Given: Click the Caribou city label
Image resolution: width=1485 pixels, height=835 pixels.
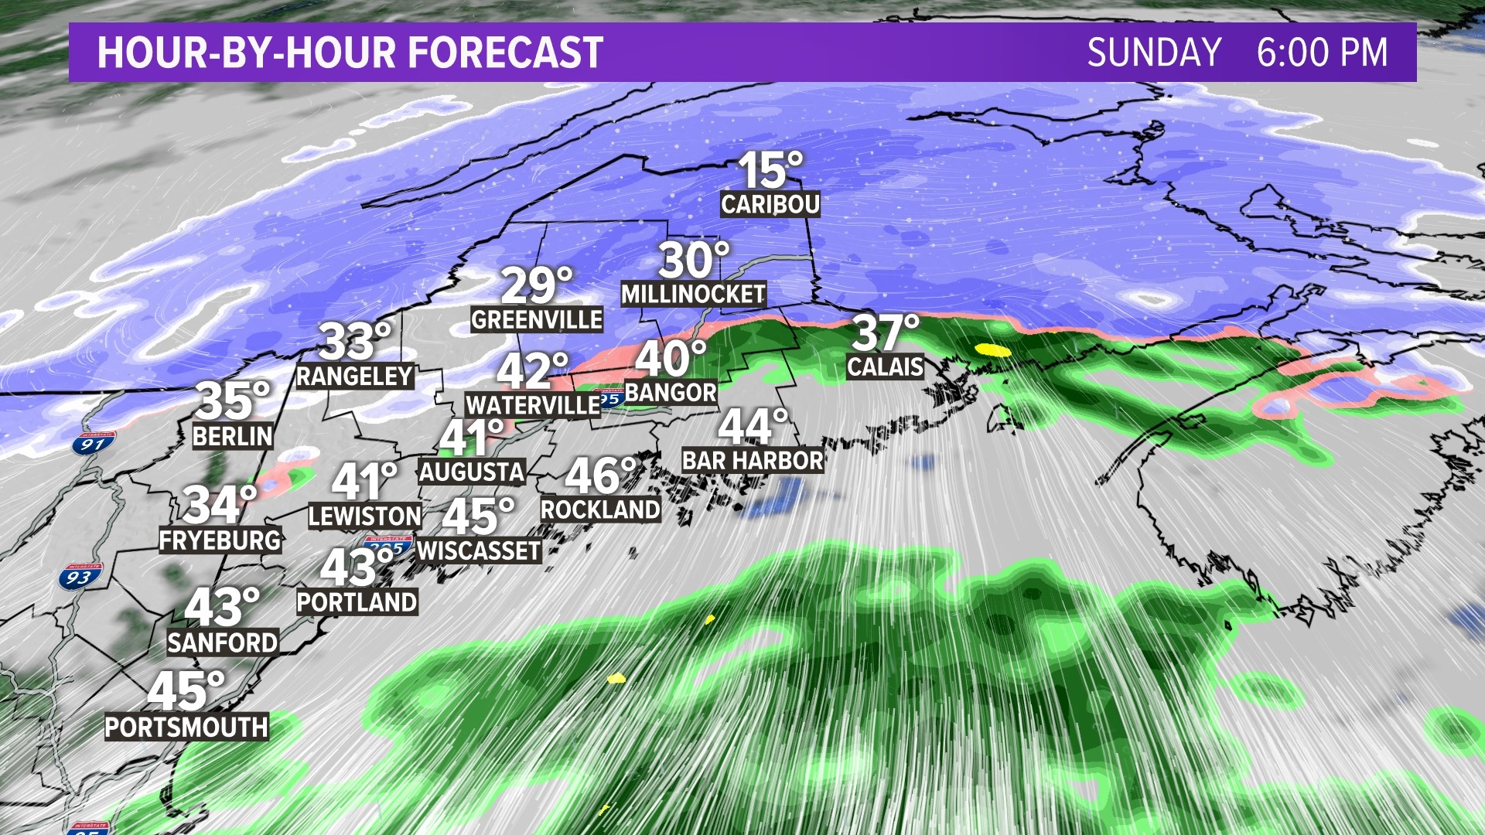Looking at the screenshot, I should pos(770,205).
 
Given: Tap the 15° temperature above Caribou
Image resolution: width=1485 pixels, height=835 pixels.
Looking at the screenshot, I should pos(770,170).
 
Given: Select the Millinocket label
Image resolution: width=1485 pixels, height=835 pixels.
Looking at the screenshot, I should pos(694,295).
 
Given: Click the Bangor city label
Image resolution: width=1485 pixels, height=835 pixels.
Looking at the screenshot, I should pos(671,393).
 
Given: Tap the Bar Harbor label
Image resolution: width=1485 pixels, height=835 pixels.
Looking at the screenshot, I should pos(753,461).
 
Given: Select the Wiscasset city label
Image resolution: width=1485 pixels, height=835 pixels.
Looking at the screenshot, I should pos(479,551).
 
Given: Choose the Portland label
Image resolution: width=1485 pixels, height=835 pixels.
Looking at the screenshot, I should pos(357,602).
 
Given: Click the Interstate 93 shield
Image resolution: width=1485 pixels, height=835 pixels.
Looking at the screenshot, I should pos(79,577).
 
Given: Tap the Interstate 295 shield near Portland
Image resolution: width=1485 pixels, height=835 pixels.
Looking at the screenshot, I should pos(387,546).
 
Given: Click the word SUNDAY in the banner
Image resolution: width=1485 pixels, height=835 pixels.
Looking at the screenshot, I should pos(1154,53).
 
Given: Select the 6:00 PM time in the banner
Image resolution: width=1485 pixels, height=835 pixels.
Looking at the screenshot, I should pos(1322,53).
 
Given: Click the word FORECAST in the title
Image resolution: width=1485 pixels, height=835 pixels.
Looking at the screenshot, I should pos(505,53).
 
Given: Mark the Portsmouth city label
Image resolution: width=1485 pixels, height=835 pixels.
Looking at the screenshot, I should pos(187,728).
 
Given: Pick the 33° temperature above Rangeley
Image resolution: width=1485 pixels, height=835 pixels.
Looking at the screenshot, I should pos(355,341).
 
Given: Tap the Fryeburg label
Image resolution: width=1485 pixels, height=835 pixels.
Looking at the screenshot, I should pos(220,540).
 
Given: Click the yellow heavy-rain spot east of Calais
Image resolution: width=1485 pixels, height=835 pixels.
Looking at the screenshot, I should pos(993,349).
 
